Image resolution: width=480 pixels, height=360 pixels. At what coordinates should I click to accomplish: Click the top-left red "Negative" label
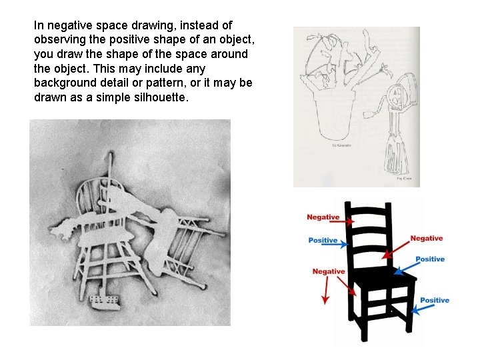[x=323, y=217]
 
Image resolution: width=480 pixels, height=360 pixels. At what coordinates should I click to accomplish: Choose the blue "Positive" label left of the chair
[x=323, y=241]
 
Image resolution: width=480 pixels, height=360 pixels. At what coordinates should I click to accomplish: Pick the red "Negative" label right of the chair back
[x=426, y=239]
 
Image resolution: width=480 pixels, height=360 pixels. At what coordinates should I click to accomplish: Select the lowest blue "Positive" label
[x=434, y=301]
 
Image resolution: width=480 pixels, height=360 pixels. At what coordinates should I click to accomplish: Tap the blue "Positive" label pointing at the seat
[x=429, y=259]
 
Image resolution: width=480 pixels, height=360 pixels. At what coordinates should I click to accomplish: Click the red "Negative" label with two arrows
[x=329, y=271]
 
